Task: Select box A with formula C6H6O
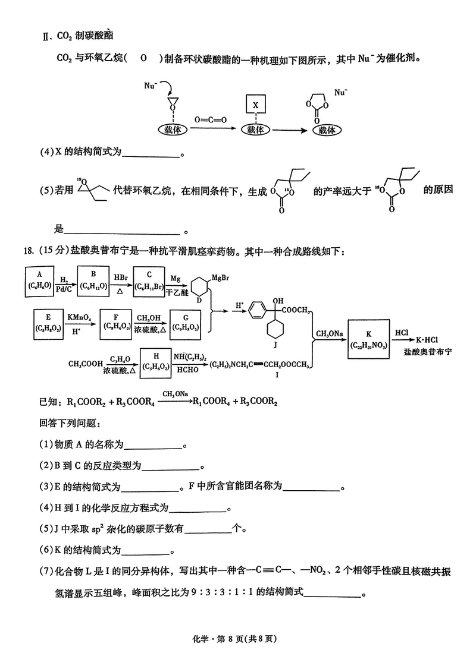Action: (39, 280)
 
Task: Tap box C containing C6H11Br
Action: (149, 280)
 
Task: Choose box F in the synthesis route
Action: (115, 323)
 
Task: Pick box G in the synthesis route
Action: (185, 323)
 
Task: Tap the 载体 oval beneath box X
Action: (255, 130)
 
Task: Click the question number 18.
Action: (28, 252)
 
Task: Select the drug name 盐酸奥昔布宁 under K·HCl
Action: (427, 352)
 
